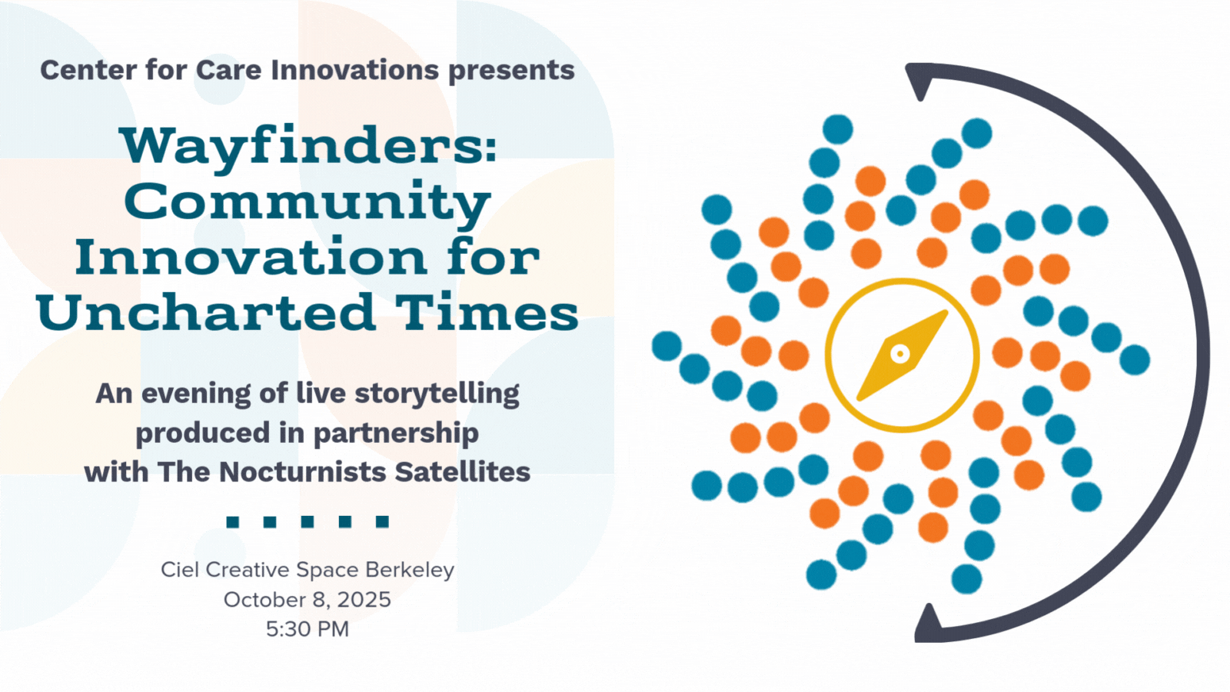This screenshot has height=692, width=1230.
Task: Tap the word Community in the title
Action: [x=307, y=203]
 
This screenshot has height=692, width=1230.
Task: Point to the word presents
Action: [x=511, y=72]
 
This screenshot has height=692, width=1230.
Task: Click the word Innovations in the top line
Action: [x=355, y=70]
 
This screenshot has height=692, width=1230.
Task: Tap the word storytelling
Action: [x=437, y=394]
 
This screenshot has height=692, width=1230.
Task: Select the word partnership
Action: [x=396, y=434]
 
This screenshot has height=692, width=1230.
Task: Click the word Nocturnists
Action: [x=303, y=472]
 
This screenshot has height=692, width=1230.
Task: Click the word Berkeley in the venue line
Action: [x=410, y=571]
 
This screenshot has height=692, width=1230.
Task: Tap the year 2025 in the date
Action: [x=364, y=600]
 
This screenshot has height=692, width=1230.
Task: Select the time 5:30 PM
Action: [x=307, y=630]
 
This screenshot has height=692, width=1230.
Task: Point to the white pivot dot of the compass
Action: [x=900, y=354]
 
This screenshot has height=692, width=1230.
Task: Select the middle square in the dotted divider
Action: [x=307, y=521]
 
